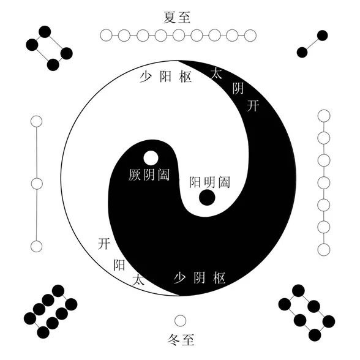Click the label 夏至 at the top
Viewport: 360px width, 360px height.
coord(177,17)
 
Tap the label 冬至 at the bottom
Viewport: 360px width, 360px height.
coord(181,340)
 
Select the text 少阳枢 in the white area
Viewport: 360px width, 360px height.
coord(165,77)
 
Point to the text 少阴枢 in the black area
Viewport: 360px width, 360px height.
coord(200,278)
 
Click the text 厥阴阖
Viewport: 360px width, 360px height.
coord(149,175)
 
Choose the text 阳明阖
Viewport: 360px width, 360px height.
coord(209,182)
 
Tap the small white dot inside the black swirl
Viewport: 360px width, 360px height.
coord(151,158)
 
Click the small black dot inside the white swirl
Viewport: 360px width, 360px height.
coord(207,197)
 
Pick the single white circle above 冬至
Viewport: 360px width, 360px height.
coord(180,321)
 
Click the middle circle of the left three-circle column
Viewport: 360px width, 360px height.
coord(37,184)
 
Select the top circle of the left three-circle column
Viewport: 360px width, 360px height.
coord(36,121)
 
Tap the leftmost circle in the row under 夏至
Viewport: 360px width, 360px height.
coord(107,36)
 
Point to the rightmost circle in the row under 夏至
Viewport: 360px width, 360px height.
coord(250,36)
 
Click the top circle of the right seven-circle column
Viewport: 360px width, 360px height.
coord(324,116)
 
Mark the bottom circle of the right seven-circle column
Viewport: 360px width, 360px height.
coord(324,250)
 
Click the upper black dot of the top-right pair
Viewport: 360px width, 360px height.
coord(322,36)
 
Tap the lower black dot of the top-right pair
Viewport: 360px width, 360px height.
coord(302,53)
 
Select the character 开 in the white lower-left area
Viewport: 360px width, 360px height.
coord(104,244)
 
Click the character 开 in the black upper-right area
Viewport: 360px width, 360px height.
coord(253,106)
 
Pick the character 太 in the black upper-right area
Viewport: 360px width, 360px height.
coord(216,73)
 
